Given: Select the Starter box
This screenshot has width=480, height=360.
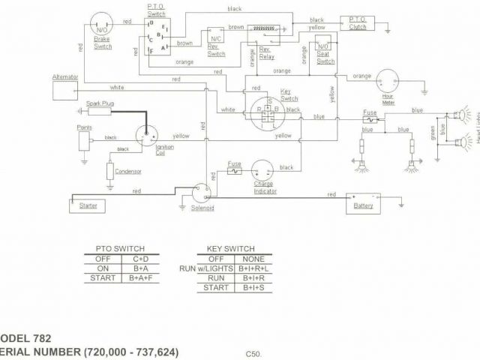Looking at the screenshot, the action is (88, 205).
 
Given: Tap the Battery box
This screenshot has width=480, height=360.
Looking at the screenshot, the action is (362, 203).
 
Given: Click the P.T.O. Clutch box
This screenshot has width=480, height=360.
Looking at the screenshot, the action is (357, 23).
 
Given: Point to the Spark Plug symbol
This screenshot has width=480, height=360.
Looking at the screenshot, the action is (98, 111).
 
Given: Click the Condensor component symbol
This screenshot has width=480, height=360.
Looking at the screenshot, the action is (110, 170).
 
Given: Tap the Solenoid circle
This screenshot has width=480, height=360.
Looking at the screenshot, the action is (201, 192).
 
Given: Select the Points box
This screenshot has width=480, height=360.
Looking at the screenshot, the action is (85, 139).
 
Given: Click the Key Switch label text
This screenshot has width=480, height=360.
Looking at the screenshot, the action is (289, 96).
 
